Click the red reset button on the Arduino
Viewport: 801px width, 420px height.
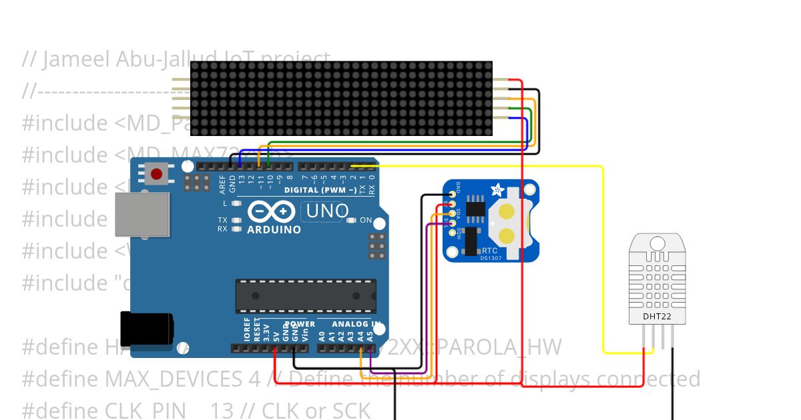[156, 175]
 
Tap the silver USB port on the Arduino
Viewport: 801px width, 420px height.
[142, 215]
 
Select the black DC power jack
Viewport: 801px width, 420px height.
[146, 329]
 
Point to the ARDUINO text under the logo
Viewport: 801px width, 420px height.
[274, 229]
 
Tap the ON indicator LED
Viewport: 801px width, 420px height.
[354, 220]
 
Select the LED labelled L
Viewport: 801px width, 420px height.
[235, 203]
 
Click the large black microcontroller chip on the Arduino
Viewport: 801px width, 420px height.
[305, 296]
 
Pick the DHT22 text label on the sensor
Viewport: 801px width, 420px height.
[657, 316]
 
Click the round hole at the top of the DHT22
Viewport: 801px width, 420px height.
[657, 244]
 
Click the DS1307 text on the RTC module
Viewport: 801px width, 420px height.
[491, 258]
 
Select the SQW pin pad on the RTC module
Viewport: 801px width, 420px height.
[453, 233]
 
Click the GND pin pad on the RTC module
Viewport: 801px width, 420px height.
[453, 193]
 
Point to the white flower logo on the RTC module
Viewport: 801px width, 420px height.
[498, 191]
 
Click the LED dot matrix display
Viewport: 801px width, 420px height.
[341, 99]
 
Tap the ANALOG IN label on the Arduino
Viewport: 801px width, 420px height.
[356, 325]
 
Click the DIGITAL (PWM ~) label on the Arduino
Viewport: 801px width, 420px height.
[320, 190]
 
